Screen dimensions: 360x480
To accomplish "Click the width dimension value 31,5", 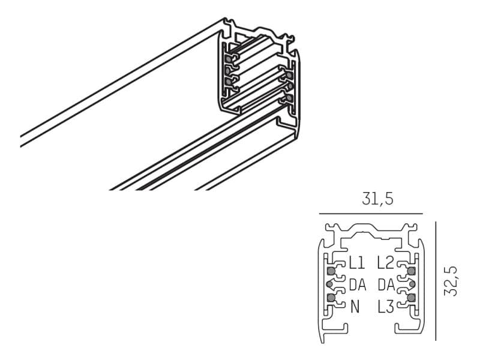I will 377,199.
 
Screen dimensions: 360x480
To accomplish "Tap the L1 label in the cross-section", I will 356,262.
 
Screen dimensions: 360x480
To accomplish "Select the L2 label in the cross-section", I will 385,262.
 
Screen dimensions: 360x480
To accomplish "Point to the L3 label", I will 385,307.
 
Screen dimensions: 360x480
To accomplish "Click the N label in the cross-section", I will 355,307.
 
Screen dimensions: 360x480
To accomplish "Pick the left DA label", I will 357,285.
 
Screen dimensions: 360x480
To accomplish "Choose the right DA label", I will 386,285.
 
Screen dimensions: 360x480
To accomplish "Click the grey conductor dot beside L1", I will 331,271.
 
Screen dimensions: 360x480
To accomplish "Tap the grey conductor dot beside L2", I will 411,271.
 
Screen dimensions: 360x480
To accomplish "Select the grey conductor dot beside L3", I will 411,297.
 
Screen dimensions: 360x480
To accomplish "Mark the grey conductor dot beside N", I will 331,297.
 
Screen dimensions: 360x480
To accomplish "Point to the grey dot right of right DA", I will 413,284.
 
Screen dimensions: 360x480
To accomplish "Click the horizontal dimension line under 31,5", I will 371,213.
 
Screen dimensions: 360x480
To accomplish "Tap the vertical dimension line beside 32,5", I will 435,281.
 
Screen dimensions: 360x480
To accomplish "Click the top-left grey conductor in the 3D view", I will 229,59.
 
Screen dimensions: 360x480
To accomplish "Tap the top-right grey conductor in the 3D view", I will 289,76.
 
